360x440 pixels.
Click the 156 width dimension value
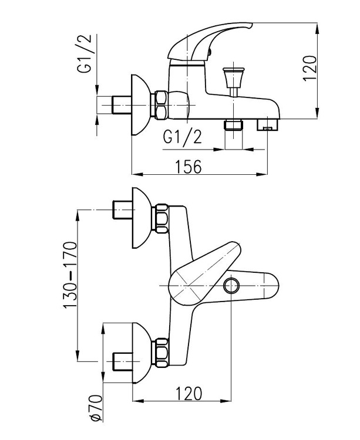coord(187,167)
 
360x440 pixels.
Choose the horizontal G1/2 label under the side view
coord(182,137)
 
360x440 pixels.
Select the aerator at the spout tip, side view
coord(271,124)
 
